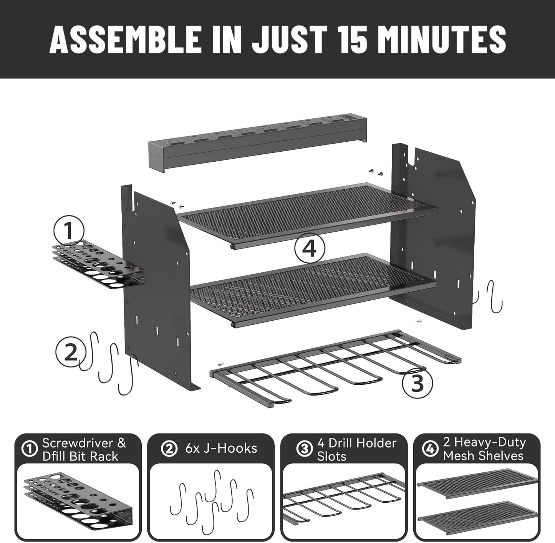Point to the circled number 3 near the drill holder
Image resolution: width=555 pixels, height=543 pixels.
coord(417,382)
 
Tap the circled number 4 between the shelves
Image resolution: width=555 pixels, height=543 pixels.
coord(310,250)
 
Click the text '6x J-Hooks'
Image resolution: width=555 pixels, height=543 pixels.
coord(221,449)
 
